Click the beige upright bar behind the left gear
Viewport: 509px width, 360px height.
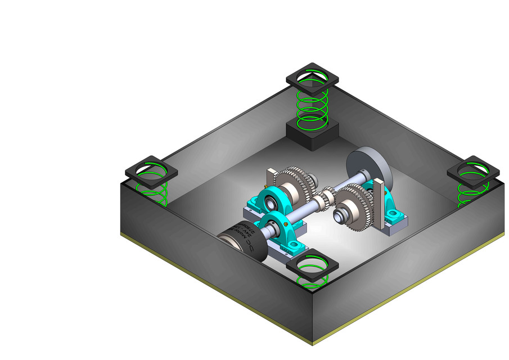(268, 180)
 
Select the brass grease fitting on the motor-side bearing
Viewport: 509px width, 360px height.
(287, 223)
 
